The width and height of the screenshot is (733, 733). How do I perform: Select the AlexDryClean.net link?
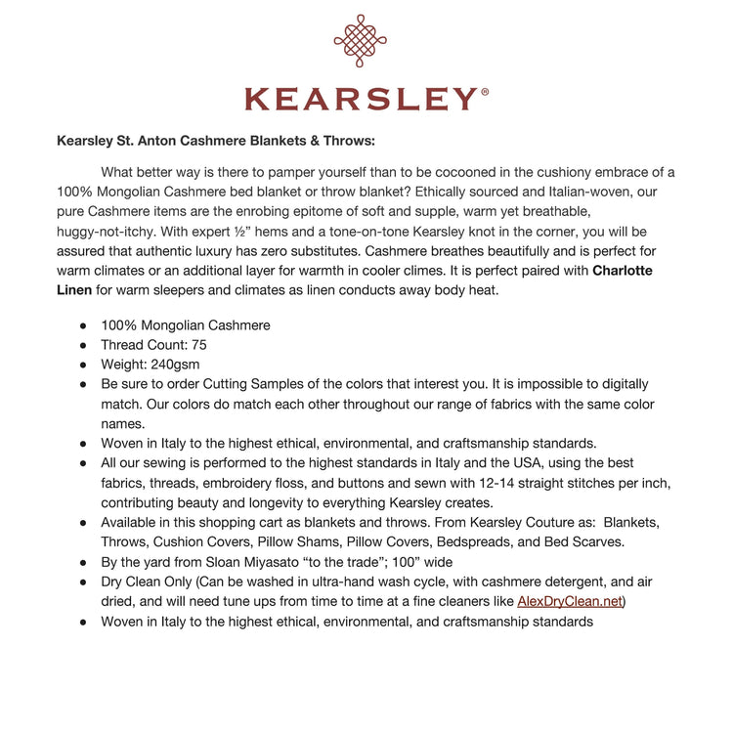click(x=569, y=600)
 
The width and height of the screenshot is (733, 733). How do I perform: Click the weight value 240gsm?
click(x=184, y=365)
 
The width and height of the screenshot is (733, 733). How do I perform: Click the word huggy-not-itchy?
click(x=106, y=231)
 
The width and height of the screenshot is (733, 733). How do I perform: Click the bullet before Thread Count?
click(x=83, y=345)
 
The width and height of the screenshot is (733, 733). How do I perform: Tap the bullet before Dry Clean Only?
click(x=83, y=581)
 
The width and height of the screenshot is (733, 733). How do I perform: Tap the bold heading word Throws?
click(x=343, y=140)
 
